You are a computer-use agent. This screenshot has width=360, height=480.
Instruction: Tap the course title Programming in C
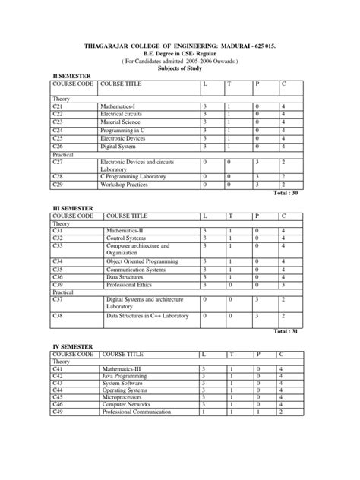[x=124, y=130]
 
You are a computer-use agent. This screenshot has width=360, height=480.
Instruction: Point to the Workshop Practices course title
[x=126, y=185]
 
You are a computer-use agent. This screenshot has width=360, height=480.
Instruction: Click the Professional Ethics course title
[x=133, y=285]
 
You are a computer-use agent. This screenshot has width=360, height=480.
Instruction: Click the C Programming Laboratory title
[x=137, y=176]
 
